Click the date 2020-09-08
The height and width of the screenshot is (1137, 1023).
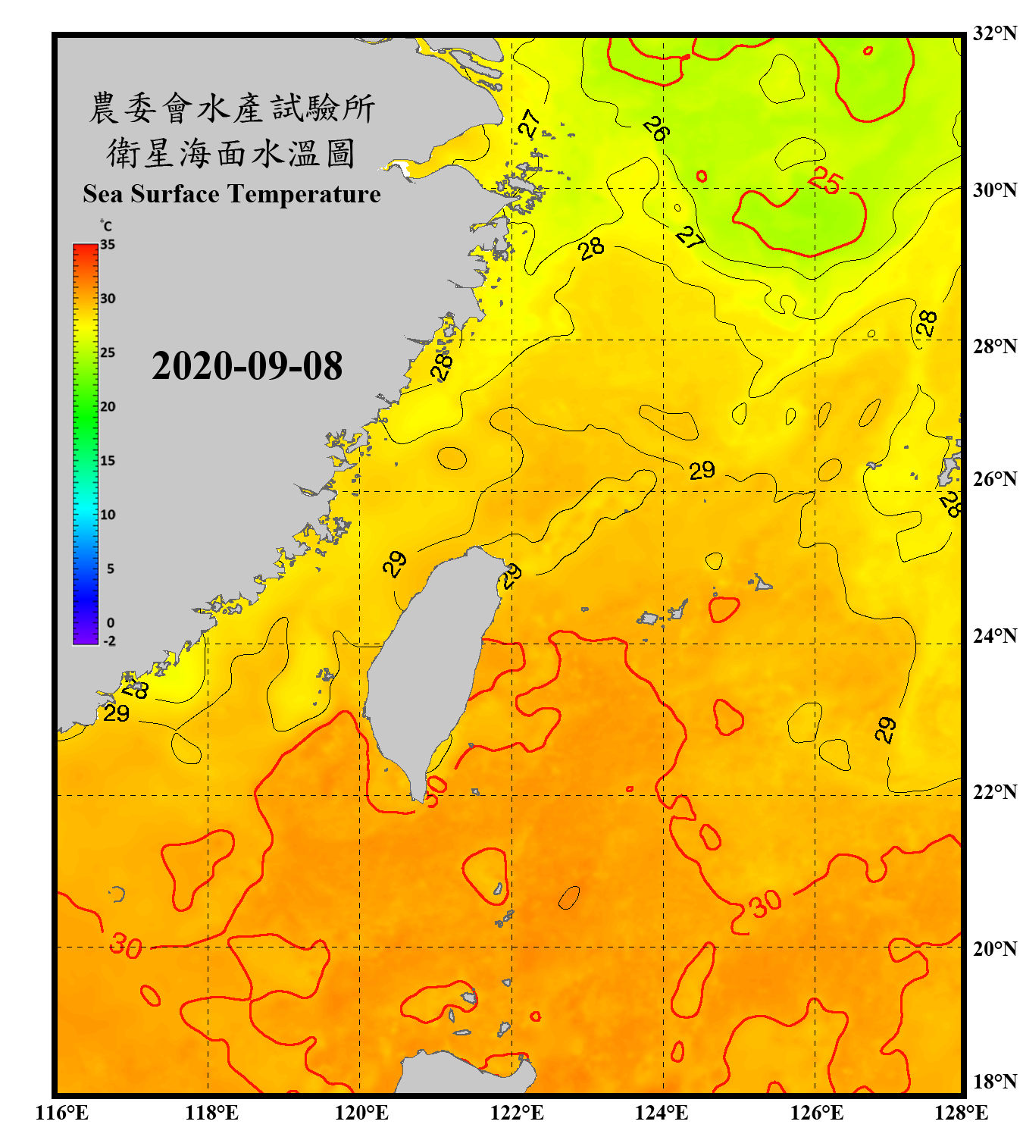[247, 366]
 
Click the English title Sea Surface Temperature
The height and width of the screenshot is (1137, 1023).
[232, 194]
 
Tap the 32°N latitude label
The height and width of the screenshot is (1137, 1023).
[994, 33]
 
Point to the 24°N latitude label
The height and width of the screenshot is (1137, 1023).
[994, 636]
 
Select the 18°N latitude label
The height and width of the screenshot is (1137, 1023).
[994, 1082]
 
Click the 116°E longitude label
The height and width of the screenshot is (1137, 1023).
[62, 1113]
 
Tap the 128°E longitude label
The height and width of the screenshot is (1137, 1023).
[961, 1113]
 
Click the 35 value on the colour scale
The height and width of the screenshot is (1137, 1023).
[108, 245]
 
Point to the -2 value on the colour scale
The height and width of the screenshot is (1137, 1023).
[109, 641]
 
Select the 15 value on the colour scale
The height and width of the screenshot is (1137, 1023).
[108, 461]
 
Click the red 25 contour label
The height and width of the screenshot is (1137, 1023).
[825, 180]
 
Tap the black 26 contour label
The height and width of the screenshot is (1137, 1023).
[656, 129]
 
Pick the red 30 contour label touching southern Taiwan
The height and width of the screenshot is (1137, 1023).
[435, 791]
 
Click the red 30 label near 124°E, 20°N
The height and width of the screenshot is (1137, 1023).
[765, 904]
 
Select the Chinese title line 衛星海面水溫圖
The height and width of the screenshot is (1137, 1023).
[231, 153]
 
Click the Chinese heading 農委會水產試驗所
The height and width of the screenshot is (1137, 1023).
[231, 108]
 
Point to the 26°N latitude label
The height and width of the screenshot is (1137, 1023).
[994, 479]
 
